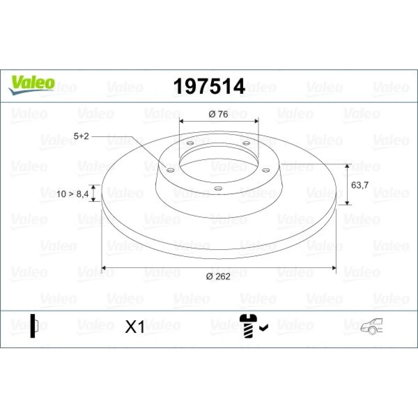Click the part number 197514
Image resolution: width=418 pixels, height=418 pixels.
click(209, 87)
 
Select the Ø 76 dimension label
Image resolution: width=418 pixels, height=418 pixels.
click(218, 114)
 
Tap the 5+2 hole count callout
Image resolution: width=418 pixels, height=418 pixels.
click(81, 136)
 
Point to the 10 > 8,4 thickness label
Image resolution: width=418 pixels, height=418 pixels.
click(72, 194)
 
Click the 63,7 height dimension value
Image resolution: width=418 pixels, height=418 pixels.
click(360, 185)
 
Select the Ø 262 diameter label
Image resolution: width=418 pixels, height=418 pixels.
click(218, 276)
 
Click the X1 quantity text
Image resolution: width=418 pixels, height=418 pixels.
click(135, 326)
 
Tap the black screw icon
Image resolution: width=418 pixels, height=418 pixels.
click(248, 326)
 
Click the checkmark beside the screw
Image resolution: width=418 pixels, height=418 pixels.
click(264, 327)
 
